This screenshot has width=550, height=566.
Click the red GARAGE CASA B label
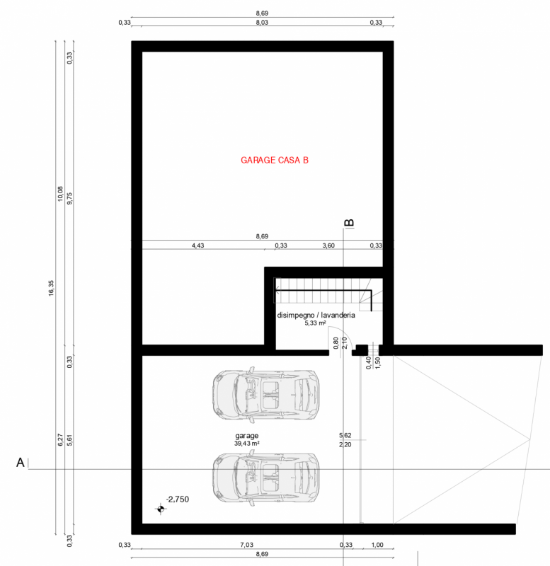(x=275, y=161)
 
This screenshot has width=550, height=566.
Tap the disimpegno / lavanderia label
(x=316, y=315)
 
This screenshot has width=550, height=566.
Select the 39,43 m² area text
(x=246, y=444)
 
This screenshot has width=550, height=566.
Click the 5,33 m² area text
(x=315, y=323)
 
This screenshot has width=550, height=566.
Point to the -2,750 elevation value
(x=177, y=499)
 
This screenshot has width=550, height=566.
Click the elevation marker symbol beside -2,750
(x=161, y=509)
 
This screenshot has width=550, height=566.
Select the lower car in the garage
(x=265, y=477)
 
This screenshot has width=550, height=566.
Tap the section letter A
(x=21, y=463)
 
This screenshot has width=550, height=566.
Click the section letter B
(x=349, y=223)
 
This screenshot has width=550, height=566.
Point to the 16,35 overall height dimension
(x=51, y=288)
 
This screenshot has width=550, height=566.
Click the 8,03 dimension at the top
(x=262, y=23)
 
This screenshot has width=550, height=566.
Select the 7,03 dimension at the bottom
(x=246, y=545)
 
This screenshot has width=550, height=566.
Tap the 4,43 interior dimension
(x=197, y=246)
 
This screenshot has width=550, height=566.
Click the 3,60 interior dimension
(x=328, y=246)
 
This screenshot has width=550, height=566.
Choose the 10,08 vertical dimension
(x=60, y=194)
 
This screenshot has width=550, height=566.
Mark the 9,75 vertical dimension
(x=69, y=199)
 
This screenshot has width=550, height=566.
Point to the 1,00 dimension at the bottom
(x=377, y=545)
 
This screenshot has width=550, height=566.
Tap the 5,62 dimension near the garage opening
(x=345, y=435)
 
